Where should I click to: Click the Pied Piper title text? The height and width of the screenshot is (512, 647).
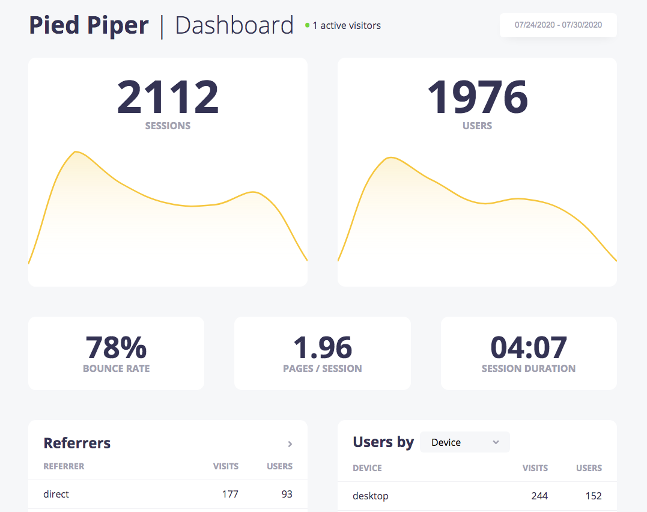coord(89,26)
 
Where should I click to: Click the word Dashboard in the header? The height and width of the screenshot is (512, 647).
coord(234,26)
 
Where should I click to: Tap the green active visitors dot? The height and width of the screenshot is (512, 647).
coord(308,25)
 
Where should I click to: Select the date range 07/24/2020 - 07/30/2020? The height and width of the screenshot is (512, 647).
coord(558,25)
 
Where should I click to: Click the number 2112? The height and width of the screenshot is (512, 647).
coord(168,97)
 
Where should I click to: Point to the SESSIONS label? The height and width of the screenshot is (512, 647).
coord(168,126)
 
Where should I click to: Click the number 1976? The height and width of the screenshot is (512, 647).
coord(477,97)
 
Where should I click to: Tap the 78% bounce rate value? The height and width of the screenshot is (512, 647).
coord(116,347)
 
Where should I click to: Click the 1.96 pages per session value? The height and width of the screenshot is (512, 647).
coord(323,347)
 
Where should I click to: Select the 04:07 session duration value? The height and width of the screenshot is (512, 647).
coord(529,347)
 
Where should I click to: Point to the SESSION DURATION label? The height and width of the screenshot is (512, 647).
coord(529,368)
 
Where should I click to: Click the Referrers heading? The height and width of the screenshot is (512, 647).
coord(77,443)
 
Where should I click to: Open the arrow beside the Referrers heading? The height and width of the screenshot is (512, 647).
coord(290,444)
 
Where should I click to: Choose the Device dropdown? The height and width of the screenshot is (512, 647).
coord(465,442)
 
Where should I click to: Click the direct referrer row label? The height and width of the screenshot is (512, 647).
coord(56,494)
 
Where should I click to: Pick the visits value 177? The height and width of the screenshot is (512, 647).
coord(230,494)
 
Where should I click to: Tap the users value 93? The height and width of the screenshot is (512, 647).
coord(287,494)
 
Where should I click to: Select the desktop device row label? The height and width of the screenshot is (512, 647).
coord(371,496)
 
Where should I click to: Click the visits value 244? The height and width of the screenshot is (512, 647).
coord(539,496)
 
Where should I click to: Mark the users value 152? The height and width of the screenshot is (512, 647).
coord(593,496)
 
